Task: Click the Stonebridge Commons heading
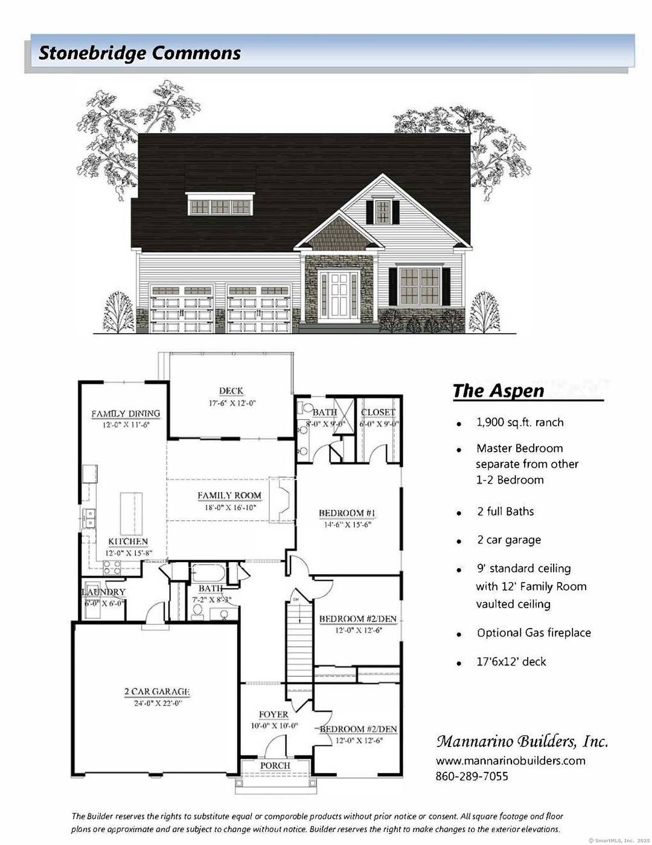(x=139, y=53)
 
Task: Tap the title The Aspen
(x=498, y=390)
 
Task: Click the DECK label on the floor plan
(x=231, y=391)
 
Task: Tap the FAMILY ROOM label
(x=229, y=496)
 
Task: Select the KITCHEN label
(x=127, y=542)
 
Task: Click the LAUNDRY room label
(x=104, y=592)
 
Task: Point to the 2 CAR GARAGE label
(x=157, y=691)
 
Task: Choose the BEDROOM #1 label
(x=347, y=514)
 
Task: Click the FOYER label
(x=274, y=714)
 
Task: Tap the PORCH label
(x=275, y=765)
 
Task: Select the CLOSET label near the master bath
(x=378, y=412)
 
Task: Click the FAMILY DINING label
(x=126, y=414)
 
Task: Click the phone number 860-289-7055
(x=471, y=776)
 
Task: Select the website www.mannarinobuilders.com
(x=510, y=760)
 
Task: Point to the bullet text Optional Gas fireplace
(x=534, y=633)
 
